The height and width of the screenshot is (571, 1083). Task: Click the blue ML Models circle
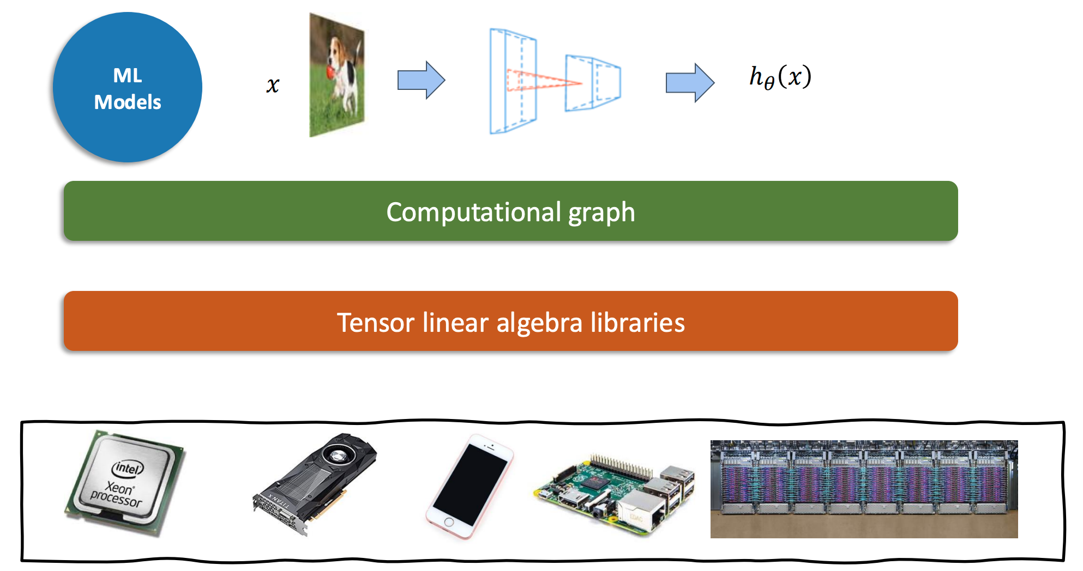point(128,87)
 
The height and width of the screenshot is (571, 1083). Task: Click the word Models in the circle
point(128,102)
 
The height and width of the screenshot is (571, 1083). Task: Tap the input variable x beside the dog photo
point(273,85)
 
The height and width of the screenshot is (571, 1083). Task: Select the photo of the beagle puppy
point(336,75)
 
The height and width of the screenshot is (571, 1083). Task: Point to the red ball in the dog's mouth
point(332,71)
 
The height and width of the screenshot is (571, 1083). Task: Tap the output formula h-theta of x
point(780,77)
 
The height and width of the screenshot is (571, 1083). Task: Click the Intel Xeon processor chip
point(125,482)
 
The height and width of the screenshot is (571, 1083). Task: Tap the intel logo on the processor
point(128,467)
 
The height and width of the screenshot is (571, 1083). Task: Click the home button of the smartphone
point(448,522)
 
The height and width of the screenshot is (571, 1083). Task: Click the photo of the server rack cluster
point(864,489)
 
